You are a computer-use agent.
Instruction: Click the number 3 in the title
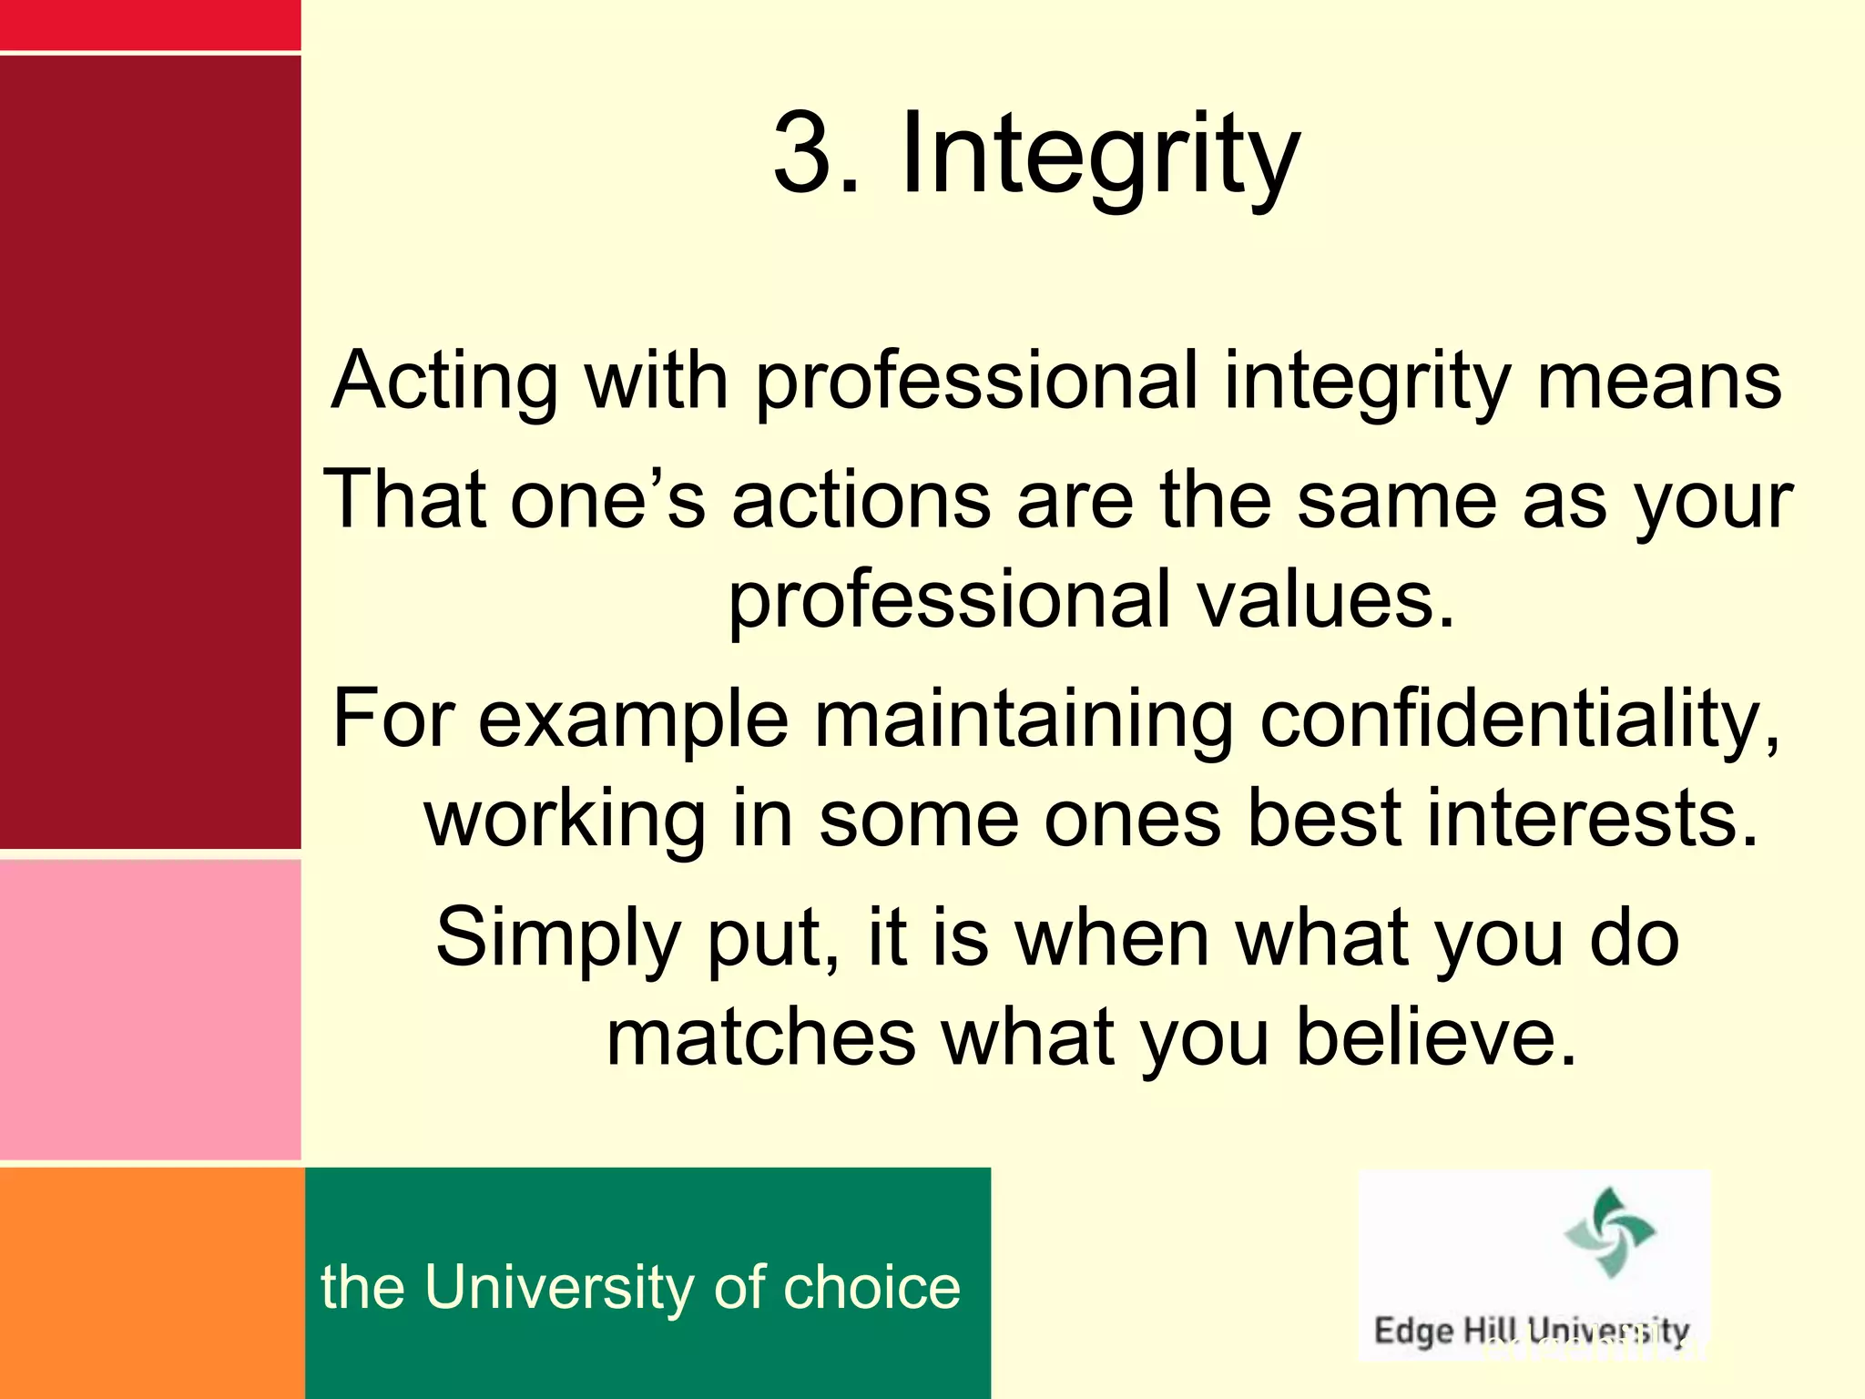coord(803,153)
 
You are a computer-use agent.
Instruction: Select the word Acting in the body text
coord(445,381)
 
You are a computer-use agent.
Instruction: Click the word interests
coord(1592,819)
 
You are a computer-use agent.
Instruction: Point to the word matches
coord(761,1037)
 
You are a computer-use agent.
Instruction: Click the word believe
coord(1436,1037)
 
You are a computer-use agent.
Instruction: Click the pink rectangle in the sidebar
coord(150,1009)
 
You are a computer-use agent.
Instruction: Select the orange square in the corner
coord(151,1282)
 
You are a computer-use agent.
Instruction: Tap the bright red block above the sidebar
coord(150,25)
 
